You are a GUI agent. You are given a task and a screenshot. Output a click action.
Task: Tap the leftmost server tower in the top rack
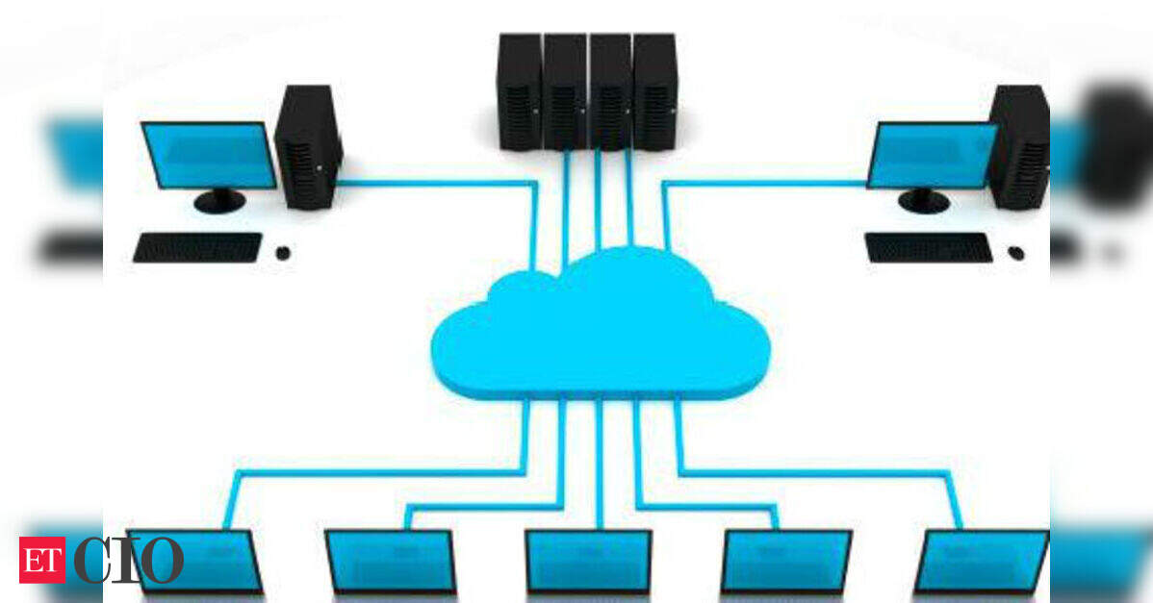click(x=520, y=91)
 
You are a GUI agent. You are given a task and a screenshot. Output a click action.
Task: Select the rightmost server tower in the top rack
click(x=654, y=91)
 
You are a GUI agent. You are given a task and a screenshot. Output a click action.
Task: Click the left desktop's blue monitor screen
click(x=208, y=155)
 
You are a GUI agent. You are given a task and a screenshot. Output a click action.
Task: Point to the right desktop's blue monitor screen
click(x=932, y=155)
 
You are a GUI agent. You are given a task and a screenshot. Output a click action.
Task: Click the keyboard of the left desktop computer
click(x=197, y=247)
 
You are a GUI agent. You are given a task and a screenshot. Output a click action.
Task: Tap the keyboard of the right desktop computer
click(x=928, y=247)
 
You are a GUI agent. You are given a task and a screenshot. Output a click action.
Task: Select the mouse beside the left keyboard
click(x=283, y=253)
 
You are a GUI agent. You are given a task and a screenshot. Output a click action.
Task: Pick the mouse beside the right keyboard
click(x=1016, y=253)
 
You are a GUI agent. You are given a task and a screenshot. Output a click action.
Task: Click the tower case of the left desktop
click(x=308, y=148)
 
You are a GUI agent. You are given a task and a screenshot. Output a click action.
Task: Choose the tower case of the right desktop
click(x=1019, y=148)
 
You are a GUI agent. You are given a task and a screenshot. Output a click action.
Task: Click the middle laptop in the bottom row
click(x=588, y=562)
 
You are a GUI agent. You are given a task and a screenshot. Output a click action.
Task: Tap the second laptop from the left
click(x=391, y=562)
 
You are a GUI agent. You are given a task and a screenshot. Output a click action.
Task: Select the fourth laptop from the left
click(x=786, y=562)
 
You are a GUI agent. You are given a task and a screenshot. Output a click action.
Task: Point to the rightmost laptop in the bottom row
click(x=981, y=562)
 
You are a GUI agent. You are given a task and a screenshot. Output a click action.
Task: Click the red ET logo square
click(x=42, y=560)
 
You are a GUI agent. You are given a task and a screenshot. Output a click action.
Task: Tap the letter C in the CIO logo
click(x=92, y=560)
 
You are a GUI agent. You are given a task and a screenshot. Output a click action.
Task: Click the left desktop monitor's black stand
click(x=219, y=200)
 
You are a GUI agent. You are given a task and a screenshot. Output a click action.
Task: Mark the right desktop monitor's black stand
click(x=924, y=200)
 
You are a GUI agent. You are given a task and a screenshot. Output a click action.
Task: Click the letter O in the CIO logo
click(x=162, y=560)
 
